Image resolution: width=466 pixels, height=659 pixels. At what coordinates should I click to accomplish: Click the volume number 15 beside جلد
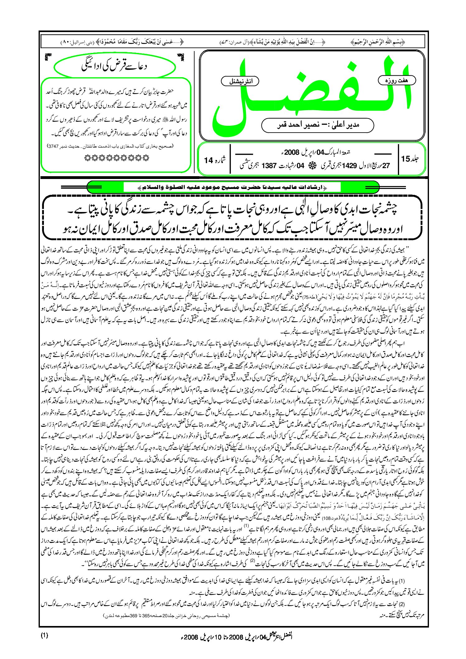406,159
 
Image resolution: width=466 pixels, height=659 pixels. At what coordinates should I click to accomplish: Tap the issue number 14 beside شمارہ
208,160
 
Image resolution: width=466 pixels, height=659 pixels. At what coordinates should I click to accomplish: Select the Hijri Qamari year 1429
349,166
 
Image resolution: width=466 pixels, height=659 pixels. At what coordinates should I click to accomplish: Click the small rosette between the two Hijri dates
310,166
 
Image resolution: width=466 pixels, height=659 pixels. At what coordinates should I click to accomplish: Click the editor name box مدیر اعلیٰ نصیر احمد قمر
318,125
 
